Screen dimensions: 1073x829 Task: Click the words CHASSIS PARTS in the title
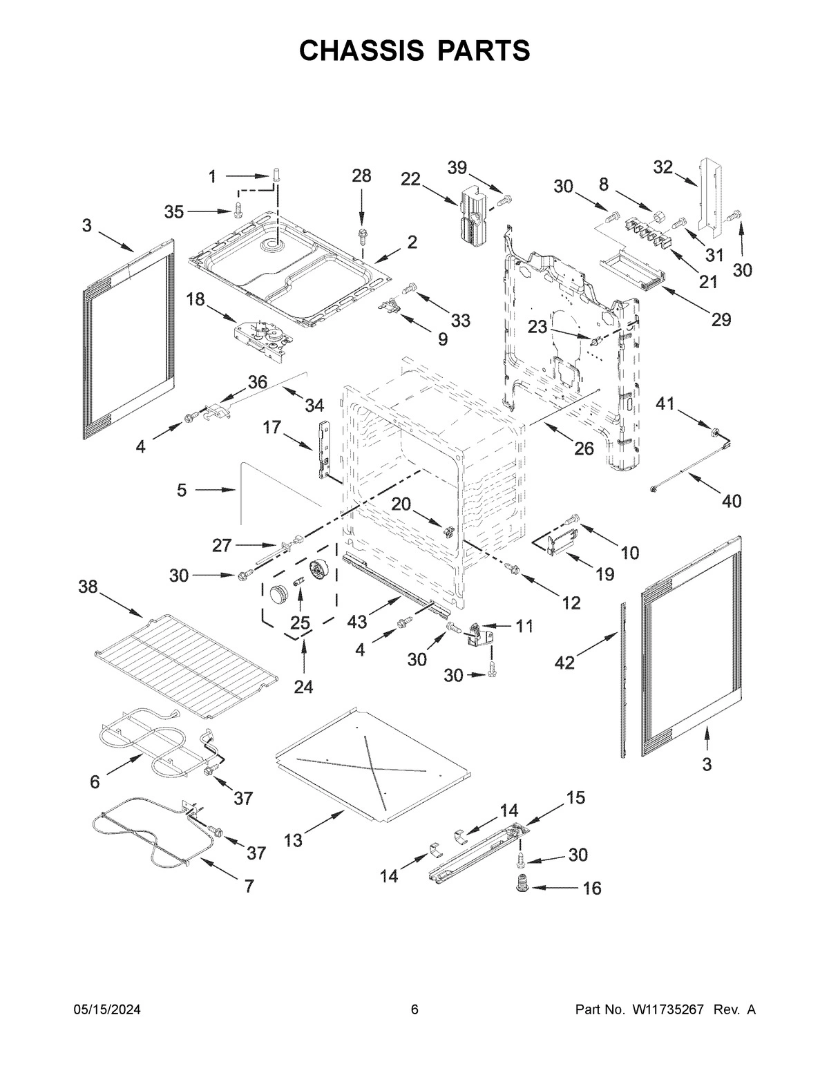(x=414, y=50)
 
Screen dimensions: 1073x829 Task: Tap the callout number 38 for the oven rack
(x=88, y=587)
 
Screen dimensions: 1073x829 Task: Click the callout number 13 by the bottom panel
(x=293, y=840)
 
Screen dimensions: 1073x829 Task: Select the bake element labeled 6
(x=162, y=739)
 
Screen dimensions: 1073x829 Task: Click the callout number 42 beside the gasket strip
(x=565, y=663)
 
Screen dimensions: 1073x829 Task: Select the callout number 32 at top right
(x=663, y=167)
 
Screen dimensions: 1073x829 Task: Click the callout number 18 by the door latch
(x=196, y=298)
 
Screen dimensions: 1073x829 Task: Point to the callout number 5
(x=182, y=490)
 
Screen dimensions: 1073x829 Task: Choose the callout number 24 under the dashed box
(x=303, y=687)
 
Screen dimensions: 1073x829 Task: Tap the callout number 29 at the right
(x=721, y=319)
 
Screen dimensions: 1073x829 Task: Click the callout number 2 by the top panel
(x=412, y=242)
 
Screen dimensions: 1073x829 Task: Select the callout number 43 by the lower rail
(x=357, y=621)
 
